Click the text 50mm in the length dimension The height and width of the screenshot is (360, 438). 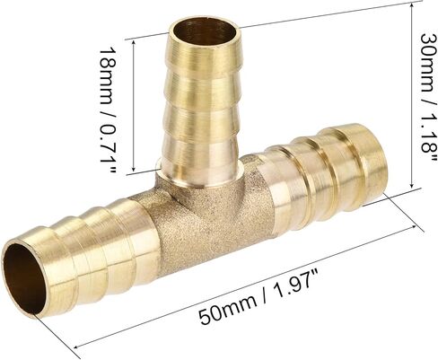(x=228, y=308)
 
